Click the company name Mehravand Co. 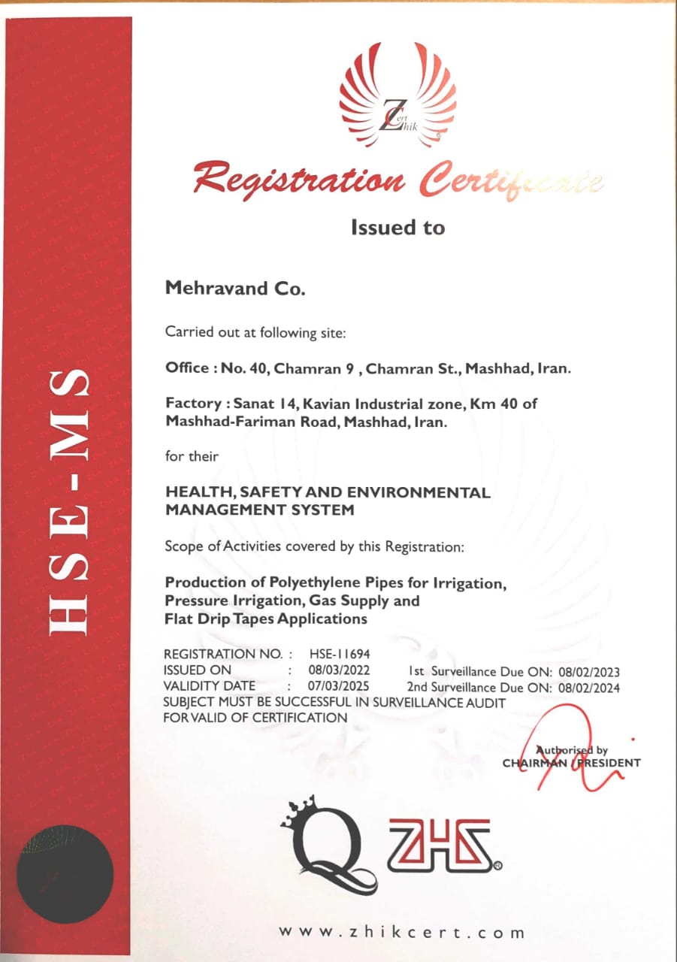[x=235, y=288]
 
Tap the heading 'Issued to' [x=397, y=227]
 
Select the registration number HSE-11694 [x=340, y=654]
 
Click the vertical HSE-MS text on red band [x=66, y=502]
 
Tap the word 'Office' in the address [x=187, y=368]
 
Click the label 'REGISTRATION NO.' [x=223, y=654]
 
